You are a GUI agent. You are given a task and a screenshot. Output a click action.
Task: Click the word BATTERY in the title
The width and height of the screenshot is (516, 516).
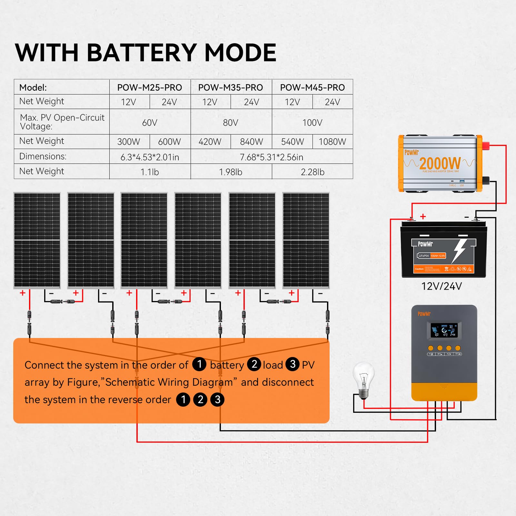[142, 53]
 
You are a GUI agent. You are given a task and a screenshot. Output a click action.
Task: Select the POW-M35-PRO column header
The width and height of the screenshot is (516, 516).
[230, 87]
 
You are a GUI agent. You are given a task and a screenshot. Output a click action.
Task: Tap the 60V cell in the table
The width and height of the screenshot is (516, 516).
[150, 123]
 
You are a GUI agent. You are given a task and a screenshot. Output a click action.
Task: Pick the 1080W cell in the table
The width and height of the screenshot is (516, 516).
[332, 142]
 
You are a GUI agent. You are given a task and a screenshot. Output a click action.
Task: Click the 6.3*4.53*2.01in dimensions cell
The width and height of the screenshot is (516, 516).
[150, 157]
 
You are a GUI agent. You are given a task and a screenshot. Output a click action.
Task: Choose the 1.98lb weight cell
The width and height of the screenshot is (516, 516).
[230, 172]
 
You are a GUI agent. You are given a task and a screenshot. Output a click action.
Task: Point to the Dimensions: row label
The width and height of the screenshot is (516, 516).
[43, 156]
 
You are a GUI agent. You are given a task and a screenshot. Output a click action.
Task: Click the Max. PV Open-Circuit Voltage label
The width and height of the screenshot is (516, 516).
[62, 122]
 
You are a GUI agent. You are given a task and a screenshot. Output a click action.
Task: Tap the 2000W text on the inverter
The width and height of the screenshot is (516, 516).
[440, 163]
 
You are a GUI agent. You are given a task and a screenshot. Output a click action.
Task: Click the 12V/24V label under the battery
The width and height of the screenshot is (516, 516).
[442, 286]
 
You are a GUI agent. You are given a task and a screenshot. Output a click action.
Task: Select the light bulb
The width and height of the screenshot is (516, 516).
[363, 379]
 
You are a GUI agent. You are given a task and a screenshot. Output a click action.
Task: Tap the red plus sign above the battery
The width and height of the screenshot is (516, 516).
[423, 216]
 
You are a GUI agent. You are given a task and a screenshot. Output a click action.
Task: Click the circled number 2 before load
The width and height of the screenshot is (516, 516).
[254, 364]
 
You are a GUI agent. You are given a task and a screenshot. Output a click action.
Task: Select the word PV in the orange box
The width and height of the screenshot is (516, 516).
[308, 365]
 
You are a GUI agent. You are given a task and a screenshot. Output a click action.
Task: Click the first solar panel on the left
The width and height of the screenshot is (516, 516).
[37, 240]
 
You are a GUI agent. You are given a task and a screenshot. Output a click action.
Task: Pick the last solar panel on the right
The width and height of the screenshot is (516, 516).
[306, 240]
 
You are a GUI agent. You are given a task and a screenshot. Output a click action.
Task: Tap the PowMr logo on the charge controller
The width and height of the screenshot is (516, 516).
[424, 314]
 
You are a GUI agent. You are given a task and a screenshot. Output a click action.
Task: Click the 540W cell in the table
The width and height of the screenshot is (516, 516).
[292, 142]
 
